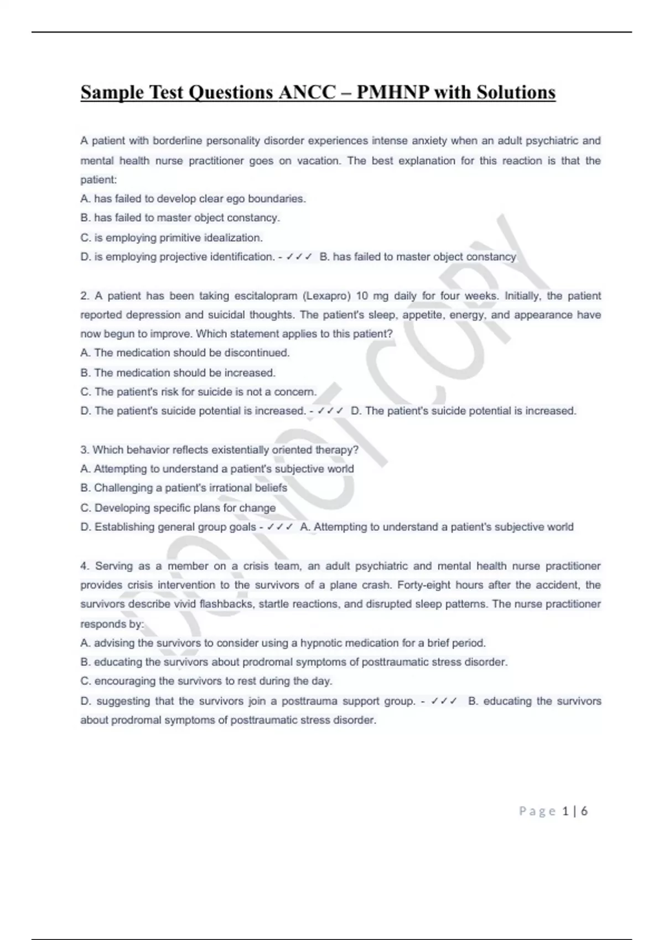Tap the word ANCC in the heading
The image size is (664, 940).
coord(306,92)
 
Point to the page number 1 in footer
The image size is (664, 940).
coord(565,811)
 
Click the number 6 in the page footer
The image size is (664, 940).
coord(584,811)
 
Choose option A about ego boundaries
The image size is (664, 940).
coord(193,199)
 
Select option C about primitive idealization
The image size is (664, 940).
coord(172,238)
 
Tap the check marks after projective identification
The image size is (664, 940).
coord(299,257)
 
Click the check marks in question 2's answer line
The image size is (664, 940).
coord(330,411)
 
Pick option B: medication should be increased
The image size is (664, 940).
coord(178,373)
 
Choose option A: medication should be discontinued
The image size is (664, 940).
coord(185,353)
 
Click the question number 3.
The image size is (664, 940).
coord(84,450)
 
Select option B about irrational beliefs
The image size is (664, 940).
coord(184,488)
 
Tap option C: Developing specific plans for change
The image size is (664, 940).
coord(178,508)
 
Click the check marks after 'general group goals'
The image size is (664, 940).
coord(279,527)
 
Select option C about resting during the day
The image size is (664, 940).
coord(206,681)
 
